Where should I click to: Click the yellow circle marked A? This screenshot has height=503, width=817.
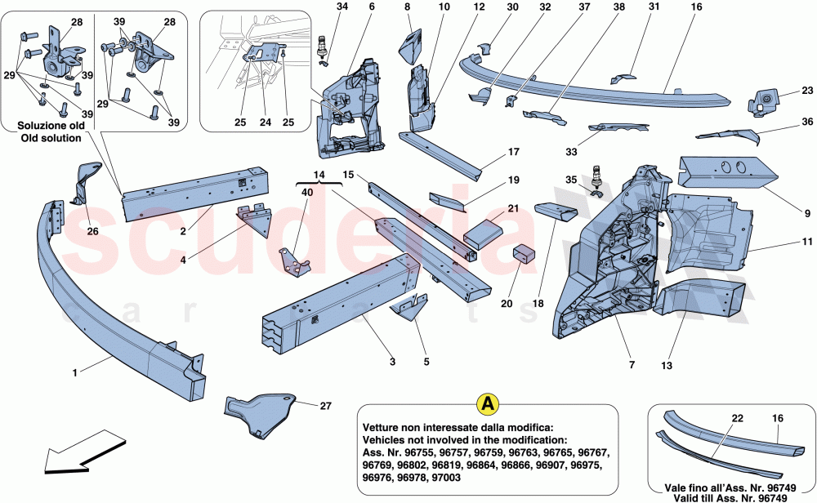[489, 403]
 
